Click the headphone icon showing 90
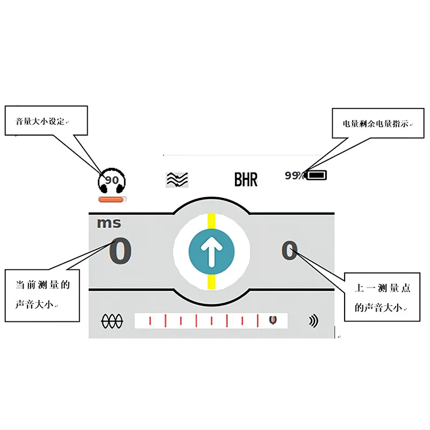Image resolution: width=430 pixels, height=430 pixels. point(112,181)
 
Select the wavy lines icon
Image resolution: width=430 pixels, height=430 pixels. point(177,180)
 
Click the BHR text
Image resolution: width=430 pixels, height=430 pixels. point(246,180)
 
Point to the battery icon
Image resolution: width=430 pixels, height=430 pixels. point(316,175)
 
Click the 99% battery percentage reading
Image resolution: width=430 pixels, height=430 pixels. point(294,175)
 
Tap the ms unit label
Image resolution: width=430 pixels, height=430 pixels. point(109,223)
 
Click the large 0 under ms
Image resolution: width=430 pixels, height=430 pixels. point(120,252)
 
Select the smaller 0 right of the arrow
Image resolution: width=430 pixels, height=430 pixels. point(289,251)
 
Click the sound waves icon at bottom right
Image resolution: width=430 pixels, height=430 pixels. point(313,321)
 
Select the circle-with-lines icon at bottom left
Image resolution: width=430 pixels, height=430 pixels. point(112,321)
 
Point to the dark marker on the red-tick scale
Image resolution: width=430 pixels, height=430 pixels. point(273,320)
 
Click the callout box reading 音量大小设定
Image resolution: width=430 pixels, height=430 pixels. point(46,120)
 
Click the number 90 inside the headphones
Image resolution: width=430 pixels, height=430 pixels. point(112,180)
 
